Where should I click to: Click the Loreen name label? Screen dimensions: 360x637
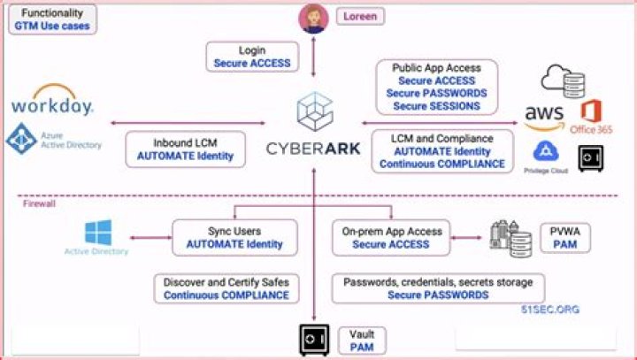(360, 16)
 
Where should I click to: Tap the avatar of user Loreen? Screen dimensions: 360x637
(314, 19)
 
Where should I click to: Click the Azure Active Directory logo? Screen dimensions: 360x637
(53, 139)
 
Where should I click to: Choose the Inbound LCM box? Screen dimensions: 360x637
(185, 149)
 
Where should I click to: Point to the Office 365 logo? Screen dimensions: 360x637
(591, 117)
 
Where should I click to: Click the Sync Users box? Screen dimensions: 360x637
(234, 237)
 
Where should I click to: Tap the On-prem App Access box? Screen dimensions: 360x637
(391, 237)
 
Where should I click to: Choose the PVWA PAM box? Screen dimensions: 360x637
(559, 237)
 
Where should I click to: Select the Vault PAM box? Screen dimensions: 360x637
(361, 341)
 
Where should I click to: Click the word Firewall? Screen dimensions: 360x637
(38, 203)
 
